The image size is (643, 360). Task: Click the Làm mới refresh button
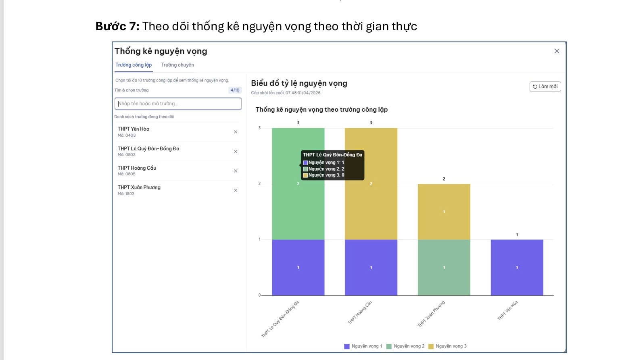pos(545,87)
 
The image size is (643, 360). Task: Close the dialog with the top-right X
pos(557,51)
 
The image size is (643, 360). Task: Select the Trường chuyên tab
pos(177,65)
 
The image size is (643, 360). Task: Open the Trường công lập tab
pos(134,65)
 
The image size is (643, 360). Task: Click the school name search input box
pos(178,104)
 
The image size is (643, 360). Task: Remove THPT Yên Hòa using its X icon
pos(236,132)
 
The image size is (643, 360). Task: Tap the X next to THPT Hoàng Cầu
pos(236,171)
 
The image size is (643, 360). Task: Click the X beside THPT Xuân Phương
pos(236,190)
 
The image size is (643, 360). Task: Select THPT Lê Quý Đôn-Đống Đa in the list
pos(148,149)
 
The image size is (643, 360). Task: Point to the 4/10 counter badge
pos(235,90)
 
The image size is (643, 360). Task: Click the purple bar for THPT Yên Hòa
pos(517,267)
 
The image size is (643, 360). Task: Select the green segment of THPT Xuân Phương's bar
pos(444,267)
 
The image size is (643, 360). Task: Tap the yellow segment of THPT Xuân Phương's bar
pos(444,212)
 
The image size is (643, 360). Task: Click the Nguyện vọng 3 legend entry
pos(447,346)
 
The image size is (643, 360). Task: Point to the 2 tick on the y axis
pos(260,184)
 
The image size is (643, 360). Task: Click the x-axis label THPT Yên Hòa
pos(507,310)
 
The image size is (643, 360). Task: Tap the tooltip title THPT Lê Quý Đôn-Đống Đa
pos(332,155)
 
